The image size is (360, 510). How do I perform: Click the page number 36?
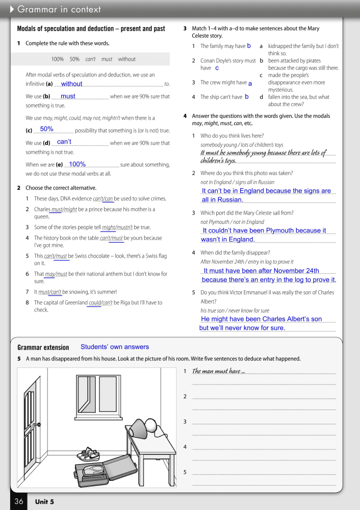[19, 501]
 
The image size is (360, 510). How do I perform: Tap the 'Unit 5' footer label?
[44, 502]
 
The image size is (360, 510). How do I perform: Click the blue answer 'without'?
[71, 84]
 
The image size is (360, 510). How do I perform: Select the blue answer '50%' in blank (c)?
[47, 130]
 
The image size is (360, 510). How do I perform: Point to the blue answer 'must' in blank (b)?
[68, 96]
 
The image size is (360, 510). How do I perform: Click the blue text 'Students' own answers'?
[115, 347]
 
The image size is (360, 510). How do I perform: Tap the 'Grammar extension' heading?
[43, 348]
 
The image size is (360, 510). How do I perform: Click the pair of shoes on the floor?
[91, 453]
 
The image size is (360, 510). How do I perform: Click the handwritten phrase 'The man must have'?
[216, 371]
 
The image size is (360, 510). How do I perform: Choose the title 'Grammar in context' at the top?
[59, 9]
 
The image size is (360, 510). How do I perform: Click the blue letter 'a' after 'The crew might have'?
[250, 83]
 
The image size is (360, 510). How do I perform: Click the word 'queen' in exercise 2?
[41, 217]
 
